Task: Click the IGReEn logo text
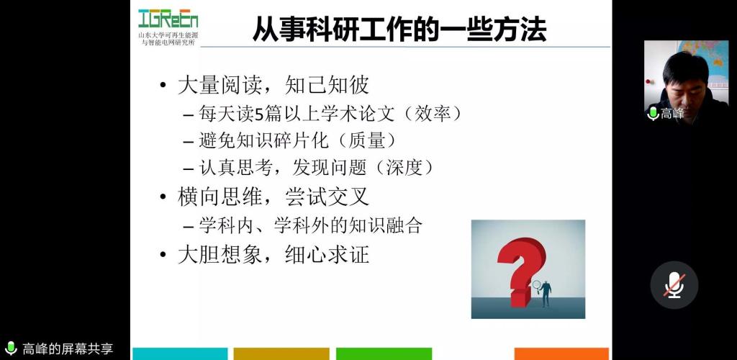coord(168,19)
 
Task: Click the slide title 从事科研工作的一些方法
coord(400,30)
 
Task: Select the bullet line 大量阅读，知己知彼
coord(273,86)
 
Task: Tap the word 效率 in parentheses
coord(433,114)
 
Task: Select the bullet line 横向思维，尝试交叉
coord(273,197)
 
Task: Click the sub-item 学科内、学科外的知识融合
coord(311,225)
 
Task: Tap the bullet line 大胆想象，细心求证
coord(273,255)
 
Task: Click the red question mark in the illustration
coord(521,270)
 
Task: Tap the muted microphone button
coord(674,285)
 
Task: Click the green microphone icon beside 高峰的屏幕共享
coord(10,348)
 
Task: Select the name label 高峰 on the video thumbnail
coord(672,113)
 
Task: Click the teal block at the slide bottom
coord(180,354)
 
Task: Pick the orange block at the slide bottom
coord(561,354)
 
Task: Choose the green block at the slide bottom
coord(384,354)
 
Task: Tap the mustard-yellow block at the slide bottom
coord(281,354)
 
